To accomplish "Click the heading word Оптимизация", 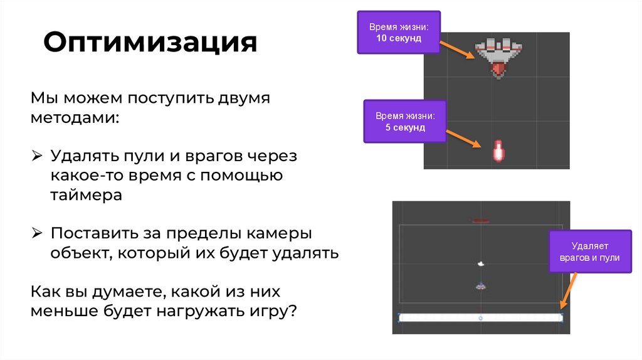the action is [x=150, y=43].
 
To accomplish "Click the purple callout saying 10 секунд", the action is [x=398, y=33].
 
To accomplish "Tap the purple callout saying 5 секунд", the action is [x=404, y=122].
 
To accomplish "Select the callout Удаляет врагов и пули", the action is [x=589, y=252].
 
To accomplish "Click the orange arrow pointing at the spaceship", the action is [x=457, y=49].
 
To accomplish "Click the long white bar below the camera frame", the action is [x=481, y=318].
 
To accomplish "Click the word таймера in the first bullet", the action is [x=86, y=195].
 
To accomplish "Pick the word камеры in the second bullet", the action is [x=280, y=233].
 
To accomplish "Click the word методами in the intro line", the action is [x=74, y=118].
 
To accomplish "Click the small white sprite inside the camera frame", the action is [x=481, y=264].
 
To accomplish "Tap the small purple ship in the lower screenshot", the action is [x=481, y=286].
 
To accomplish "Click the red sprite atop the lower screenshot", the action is [x=481, y=221].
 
